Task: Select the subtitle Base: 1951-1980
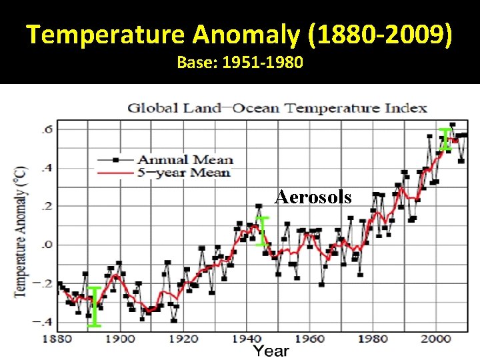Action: click(x=240, y=63)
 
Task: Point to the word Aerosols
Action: click(x=313, y=197)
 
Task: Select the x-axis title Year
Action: click(x=271, y=351)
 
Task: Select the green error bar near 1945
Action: click(x=263, y=231)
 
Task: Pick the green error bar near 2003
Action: click(x=445, y=139)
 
